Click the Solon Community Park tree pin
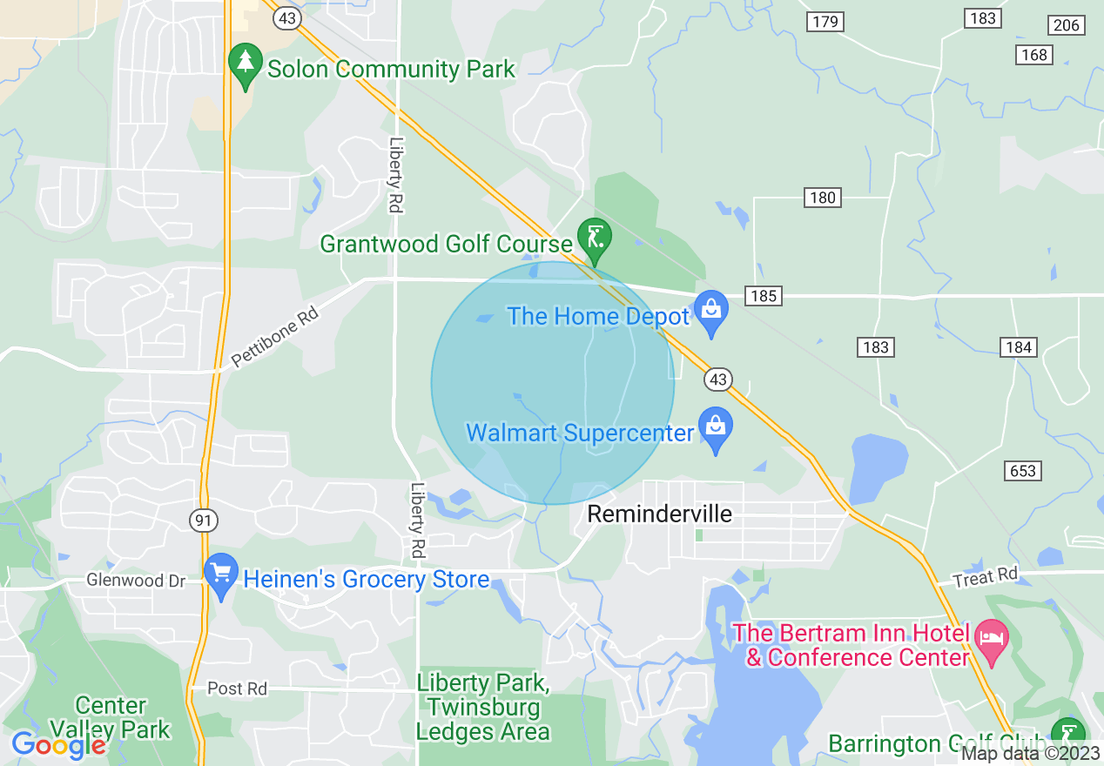tap(246, 64)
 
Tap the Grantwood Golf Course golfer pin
tap(595, 239)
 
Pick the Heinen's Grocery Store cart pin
tap(221, 574)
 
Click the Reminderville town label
tap(659, 514)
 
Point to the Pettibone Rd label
tap(274, 337)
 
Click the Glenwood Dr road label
tap(136, 580)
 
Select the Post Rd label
tap(237, 689)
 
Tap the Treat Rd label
tap(985, 576)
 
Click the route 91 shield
tap(203, 521)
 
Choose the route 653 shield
tap(1023, 471)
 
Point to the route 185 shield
tap(763, 296)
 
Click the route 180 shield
tap(822, 198)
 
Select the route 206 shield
tap(1067, 25)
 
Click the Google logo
tap(58, 745)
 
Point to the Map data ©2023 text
tap(1030, 754)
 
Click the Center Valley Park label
tap(110, 716)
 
